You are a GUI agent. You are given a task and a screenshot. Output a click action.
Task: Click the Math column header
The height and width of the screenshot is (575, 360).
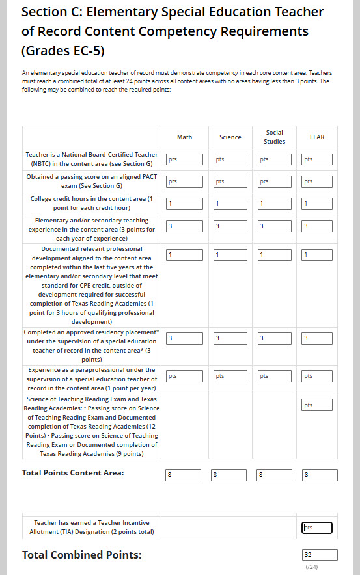184,137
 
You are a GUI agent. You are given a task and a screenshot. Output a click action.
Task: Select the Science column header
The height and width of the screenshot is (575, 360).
230,137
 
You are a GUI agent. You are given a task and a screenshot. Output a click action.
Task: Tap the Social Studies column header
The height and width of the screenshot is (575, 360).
275,137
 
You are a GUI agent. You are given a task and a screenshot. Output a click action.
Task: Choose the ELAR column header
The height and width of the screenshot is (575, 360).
317,137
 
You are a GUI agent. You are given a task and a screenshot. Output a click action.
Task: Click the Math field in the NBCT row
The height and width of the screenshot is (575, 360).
184,159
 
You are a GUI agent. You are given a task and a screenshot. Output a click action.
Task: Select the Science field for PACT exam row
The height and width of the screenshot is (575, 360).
230,182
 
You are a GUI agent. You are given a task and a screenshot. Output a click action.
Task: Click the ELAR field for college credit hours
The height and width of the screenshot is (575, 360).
317,204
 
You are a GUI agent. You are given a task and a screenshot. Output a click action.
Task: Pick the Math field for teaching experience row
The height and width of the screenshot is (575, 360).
184,226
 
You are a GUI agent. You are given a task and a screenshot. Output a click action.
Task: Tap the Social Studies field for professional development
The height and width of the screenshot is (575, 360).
275,255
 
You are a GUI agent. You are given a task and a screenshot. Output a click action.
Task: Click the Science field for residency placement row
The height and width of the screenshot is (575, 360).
230,338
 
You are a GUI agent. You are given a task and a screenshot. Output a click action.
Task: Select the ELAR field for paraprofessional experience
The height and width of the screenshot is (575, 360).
317,376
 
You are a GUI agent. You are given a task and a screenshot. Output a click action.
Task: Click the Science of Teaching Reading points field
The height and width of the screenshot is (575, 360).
317,405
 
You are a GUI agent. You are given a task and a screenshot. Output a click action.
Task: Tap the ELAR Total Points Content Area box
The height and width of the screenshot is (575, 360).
320,475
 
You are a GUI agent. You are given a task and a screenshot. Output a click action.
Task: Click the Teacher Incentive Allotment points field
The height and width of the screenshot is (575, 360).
317,528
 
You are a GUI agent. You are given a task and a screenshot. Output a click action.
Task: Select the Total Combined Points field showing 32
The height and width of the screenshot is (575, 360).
320,555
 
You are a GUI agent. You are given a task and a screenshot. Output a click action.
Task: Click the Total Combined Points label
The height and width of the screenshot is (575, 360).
81,555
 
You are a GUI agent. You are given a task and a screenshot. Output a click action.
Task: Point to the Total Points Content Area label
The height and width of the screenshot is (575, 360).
73,473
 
